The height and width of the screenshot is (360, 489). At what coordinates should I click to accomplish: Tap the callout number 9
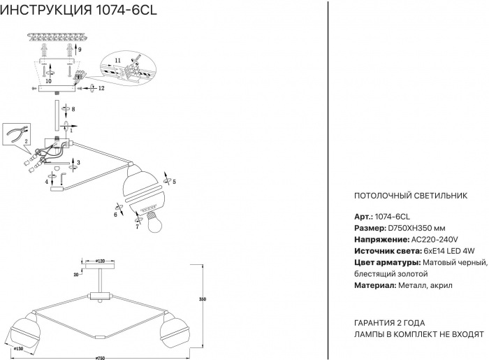pyautogui.click(x=80, y=50)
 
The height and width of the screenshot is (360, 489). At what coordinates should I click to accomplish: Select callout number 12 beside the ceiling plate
pyautogui.click(x=102, y=88)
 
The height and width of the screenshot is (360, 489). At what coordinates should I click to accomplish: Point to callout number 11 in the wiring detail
pyautogui.click(x=118, y=62)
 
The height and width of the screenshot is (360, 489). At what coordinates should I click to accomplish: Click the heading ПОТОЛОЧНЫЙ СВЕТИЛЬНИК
pyautogui.click(x=411, y=196)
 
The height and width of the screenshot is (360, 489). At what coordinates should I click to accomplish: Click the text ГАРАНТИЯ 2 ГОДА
pyautogui.click(x=390, y=323)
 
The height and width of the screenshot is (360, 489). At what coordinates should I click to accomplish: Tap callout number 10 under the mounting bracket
pyautogui.click(x=48, y=81)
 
